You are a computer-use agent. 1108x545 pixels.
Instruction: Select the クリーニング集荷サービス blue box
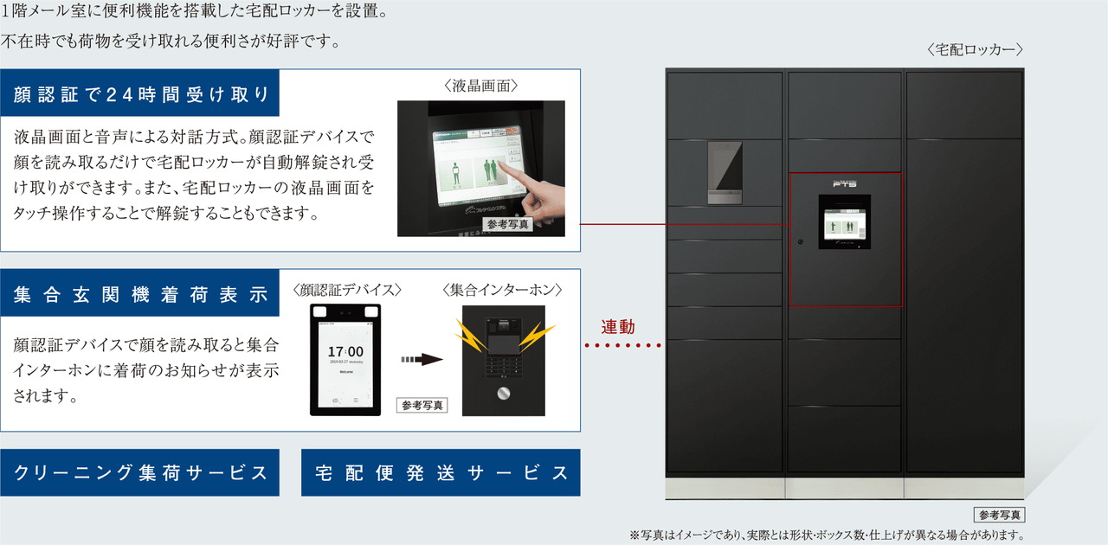140,473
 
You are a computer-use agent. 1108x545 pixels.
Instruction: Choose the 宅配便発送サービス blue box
441,473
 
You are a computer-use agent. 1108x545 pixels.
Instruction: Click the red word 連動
619,327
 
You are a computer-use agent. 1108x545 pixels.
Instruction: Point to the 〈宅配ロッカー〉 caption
975,50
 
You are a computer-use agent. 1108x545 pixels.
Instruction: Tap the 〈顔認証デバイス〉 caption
348,289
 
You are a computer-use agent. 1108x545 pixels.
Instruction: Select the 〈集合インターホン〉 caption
502,289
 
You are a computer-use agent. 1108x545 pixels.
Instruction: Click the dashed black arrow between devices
421,359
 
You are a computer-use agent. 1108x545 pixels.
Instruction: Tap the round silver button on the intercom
502,394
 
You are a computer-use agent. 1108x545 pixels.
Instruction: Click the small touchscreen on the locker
844,222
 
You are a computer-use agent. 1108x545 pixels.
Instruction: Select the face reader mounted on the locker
724,171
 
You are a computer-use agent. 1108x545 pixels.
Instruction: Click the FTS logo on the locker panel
844,183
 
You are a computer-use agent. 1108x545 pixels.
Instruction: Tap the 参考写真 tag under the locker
999,515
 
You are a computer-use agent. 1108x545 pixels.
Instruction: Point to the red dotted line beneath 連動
623,345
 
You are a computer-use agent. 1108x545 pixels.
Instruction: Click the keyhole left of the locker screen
801,241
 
